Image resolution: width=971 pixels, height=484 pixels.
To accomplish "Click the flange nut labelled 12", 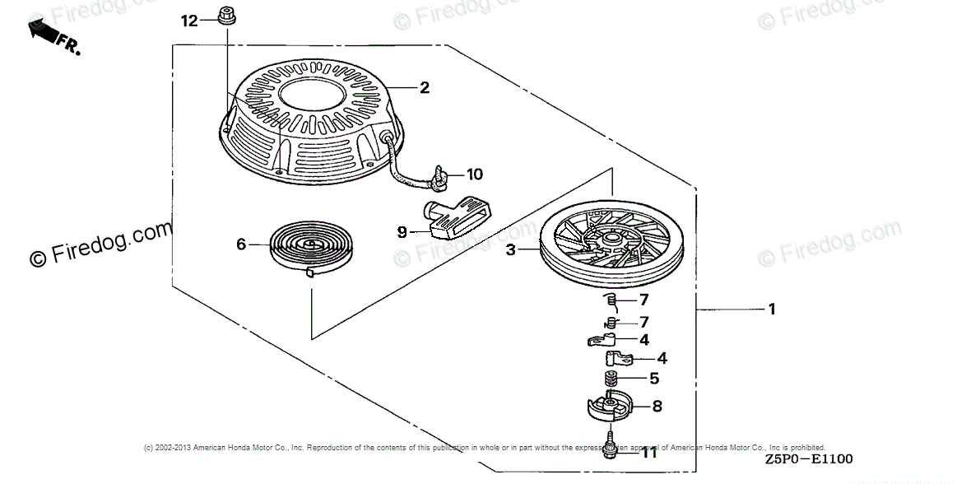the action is coord(224,15).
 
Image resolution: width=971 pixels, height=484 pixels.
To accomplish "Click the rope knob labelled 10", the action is coord(442,175).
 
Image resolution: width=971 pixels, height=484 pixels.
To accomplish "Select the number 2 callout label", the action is coord(425,87).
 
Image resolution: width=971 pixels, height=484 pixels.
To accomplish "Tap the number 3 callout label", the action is coord(511,249).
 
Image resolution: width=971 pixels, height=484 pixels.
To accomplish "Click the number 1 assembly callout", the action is coord(771,309).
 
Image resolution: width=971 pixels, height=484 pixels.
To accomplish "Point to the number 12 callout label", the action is coord(189,21).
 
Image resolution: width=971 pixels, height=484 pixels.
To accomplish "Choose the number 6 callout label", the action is coord(241,244).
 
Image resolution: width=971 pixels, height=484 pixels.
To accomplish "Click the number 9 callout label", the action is coord(402,232).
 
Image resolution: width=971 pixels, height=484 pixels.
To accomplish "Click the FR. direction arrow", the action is coord(48,34).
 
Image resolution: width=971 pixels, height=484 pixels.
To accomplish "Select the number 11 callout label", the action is coord(649,452).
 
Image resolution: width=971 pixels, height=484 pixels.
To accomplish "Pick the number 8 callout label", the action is coord(657,405).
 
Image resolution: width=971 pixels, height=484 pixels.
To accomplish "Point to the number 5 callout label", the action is coord(654,379).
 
